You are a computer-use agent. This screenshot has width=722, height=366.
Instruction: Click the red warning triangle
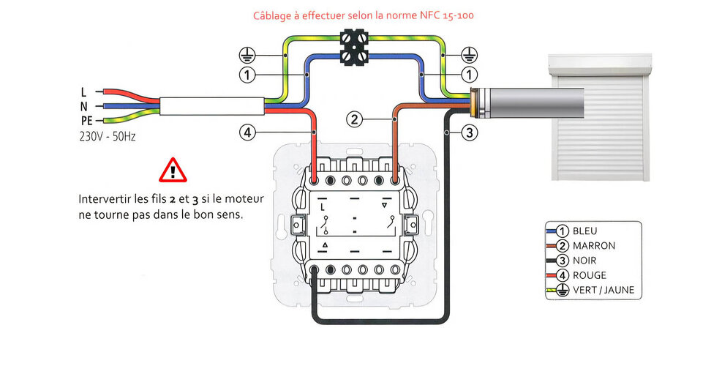pyautogui.click(x=173, y=170)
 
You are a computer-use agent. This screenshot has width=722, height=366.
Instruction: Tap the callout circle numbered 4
pyautogui.click(x=247, y=132)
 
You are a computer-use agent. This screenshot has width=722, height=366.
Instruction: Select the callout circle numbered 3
pyautogui.click(x=469, y=132)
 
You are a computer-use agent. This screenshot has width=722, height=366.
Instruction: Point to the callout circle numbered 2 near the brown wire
pyautogui.click(x=354, y=120)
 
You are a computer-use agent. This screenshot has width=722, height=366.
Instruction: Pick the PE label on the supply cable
pyautogui.click(x=86, y=121)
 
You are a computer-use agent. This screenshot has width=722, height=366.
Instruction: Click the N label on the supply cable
pyautogui.click(x=84, y=106)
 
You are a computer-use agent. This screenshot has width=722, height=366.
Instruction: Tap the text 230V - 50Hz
pyautogui.click(x=108, y=136)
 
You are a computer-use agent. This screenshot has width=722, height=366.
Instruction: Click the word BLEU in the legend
pyautogui.click(x=584, y=231)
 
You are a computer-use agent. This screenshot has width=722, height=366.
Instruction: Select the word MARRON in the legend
pyautogui.click(x=594, y=246)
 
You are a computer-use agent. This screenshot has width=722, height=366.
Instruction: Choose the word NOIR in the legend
pyautogui.click(x=584, y=261)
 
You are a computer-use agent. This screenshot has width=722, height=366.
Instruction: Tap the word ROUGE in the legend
pyautogui.click(x=590, y=275)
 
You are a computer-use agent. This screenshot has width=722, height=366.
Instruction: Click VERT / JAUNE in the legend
pyautogui.click(x=603, y=290)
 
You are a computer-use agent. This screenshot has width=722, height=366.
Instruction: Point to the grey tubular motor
pyautogui.click(x=527, y=103)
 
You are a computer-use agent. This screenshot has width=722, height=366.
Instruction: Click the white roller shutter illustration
pyautogui.click(x=600, y=117)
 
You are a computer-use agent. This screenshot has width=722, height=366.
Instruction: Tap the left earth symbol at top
pyautogui.click(x=247, y=56)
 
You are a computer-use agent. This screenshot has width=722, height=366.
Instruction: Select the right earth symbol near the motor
pyautogui.click(x=469, y=56)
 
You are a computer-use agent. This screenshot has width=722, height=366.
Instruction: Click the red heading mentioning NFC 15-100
pyautogui.click(x=364, y=15)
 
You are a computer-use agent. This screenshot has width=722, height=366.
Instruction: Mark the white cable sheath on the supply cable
pyautogui.click(x=212, y=106)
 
